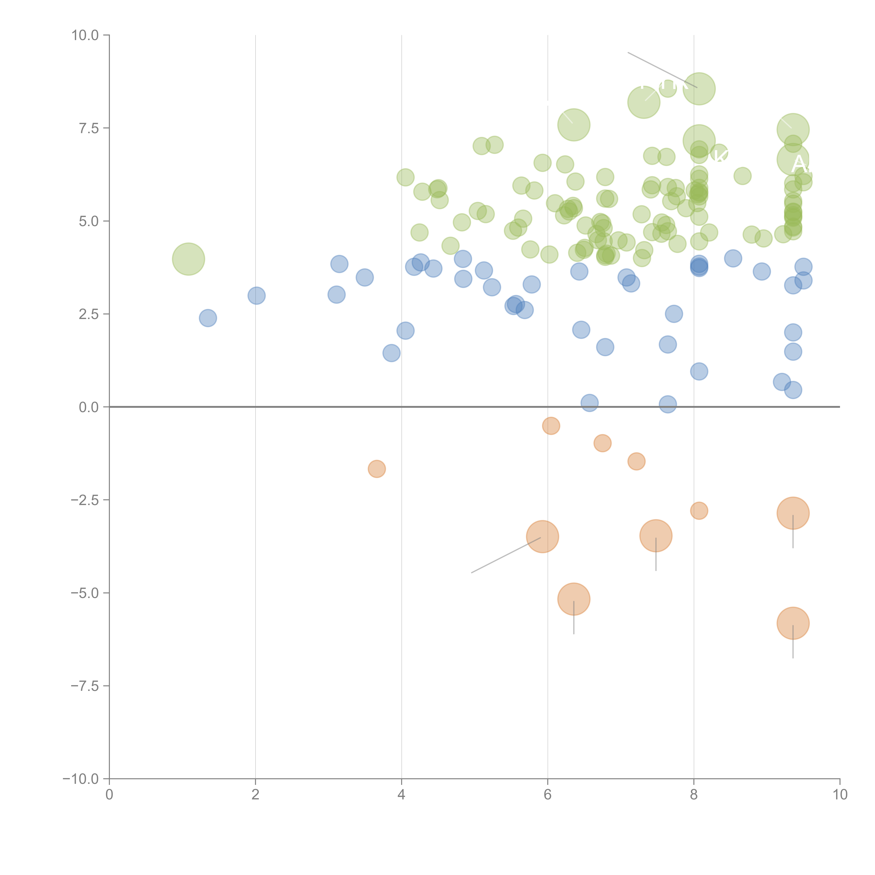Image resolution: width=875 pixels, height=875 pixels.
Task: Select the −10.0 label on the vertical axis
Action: tap(81, 779)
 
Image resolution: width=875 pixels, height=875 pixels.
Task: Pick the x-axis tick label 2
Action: tap(255, 795)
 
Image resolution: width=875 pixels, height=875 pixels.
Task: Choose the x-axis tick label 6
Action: tap(548, 795)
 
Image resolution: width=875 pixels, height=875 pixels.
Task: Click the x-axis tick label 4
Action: tap(401, 795)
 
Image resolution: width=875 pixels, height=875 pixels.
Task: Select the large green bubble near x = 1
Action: tap(188, 259)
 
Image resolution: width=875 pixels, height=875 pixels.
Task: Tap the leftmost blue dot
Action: tap(208, 318)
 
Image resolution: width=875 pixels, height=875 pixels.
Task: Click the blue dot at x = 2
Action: tap(256, 296)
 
